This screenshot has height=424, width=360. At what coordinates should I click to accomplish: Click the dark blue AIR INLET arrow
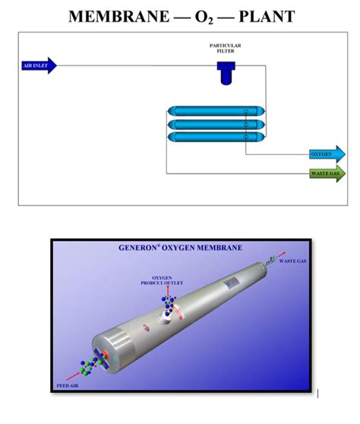coord(38,65)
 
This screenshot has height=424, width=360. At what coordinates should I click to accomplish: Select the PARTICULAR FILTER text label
coord(226,49)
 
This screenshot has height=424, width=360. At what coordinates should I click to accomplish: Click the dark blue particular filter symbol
coord(226,72)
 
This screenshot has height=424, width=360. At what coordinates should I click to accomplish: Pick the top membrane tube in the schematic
coord(216,112)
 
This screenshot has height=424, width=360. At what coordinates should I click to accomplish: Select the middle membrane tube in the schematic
coord(216,124)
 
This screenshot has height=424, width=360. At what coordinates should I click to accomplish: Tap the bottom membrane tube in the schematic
coord(216,137)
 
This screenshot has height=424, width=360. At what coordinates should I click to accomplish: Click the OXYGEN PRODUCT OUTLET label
coord(159,281)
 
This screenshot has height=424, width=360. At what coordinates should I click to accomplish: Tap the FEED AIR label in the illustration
coord(68,386)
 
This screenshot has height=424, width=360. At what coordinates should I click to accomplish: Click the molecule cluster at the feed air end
coord(93,363)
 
